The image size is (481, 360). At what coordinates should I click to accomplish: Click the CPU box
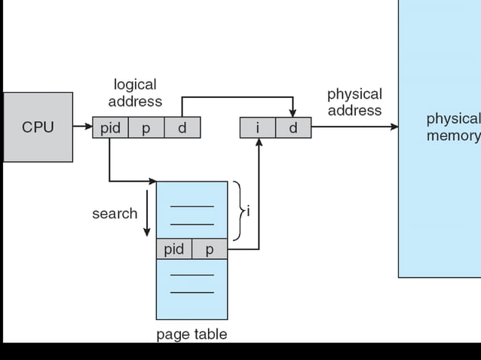[x=38, y=127]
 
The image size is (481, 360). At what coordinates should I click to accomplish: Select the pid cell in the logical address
[x=110, y=128]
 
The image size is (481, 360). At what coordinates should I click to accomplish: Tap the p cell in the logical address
[x=146, y=128]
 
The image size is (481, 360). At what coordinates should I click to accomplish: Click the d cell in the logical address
[x=182, y=128]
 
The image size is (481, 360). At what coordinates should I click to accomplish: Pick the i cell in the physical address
[x=258, y=128]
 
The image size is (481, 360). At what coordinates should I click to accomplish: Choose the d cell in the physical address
[x=293, y=128]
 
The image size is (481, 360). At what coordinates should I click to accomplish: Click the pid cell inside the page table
[x=174, y=249]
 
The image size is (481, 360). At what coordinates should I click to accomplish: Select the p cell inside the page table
[x=210, y=249]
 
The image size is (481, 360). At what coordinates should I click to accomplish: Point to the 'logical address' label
[x=135, y=93]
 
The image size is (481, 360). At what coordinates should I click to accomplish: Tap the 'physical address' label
[x=354, y=102]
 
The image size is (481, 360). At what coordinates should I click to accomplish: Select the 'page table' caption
[x=191, y=334]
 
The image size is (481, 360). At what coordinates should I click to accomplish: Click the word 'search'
[x=115, y=213]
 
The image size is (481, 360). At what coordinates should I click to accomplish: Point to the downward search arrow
[x=147, y=218]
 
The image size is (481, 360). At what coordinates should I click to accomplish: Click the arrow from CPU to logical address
[x=83, y=127]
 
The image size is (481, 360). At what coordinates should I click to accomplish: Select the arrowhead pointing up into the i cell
[x=259, y=143]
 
